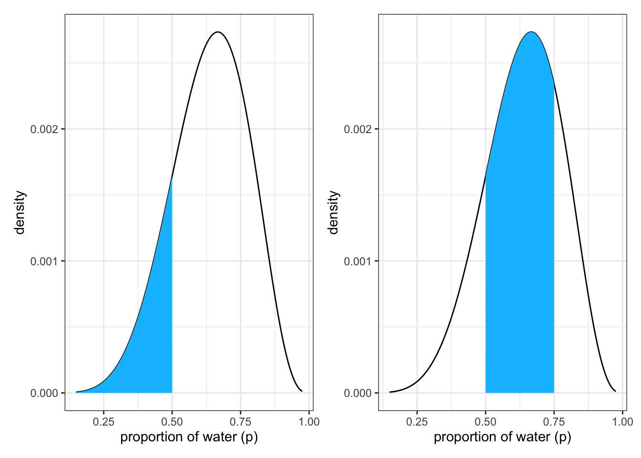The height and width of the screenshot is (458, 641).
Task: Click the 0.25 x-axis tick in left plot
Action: pyautogui.click(x=103, y=422)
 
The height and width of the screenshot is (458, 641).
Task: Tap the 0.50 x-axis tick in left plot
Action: pyautogui.click(x=172, y=422)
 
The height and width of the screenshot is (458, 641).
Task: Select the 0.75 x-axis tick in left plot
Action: pyautogui.click(x=240, y=422)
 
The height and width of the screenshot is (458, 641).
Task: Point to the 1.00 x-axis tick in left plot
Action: pyautogui.click(x=309, y=422)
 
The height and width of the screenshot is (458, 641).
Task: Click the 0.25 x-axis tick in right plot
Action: pyautogui.click(x=417, y=422)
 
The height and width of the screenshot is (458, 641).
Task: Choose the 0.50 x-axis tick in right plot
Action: pyautogui.click(x=486, y=422)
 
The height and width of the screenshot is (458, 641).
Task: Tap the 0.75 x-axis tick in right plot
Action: pyautogui.click(x=554, y=422)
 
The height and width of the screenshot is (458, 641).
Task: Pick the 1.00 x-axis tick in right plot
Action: pyautogui.click(x=622, y=422)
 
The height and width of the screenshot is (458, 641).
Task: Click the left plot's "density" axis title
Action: pyautogui.click(x=20, y=212)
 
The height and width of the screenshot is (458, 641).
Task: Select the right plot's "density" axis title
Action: pyautogui.click(x=333, y=212)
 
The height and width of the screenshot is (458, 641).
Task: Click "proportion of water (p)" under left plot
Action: pyautogui.click(x=189, y=437)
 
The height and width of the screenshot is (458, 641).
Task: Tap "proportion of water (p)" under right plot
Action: pyautogui.click(x=502, y=437)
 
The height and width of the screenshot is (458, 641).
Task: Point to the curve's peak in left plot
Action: pyautogui.click(x=218, y=32)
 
